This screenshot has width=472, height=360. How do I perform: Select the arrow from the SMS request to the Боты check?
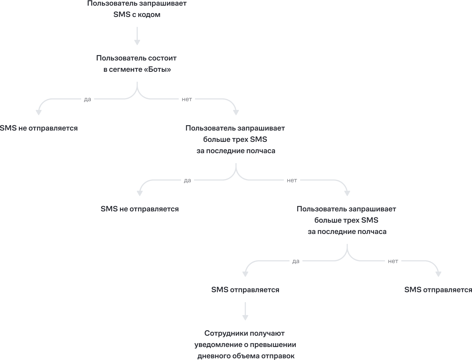pos(137,36)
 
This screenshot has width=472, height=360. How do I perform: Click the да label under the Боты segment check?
pos(88,99)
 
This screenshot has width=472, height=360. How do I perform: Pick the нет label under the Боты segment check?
pos(187,99)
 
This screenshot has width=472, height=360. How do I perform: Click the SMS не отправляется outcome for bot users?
pos(39,128)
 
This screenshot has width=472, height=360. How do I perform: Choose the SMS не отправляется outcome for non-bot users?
pos(139,209)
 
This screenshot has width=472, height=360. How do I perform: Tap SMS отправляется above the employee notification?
pos(245,290)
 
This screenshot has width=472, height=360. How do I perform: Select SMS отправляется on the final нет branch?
pos(438,290)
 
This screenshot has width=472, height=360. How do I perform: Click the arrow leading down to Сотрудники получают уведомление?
pos(245,311)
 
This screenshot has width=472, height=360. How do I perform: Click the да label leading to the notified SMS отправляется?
pos(296,261)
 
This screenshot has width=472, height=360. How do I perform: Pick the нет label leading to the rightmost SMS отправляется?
pos(393,261)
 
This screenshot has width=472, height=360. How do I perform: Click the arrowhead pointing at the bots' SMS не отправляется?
pos(39,112)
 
